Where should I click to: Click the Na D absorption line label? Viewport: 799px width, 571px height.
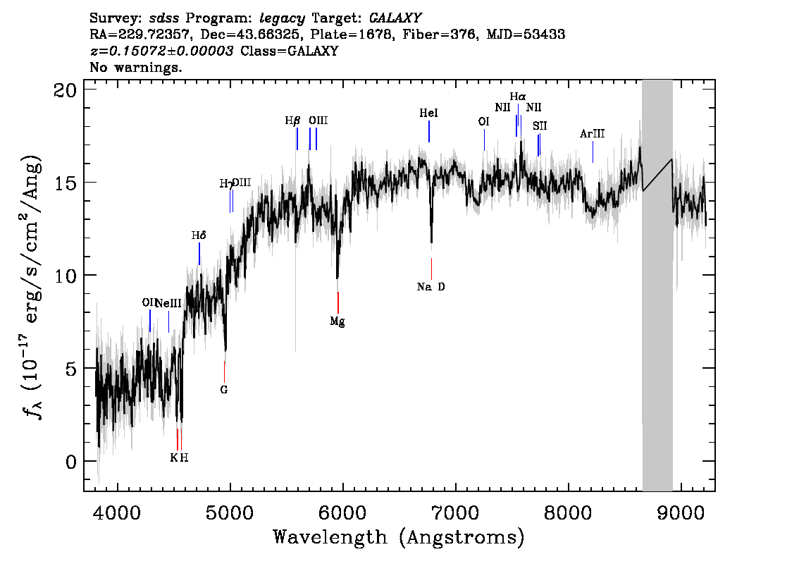(x=431, y=287)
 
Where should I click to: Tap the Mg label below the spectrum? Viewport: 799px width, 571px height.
(x=337, y=321)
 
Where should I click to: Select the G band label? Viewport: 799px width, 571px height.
(x=224, y=389)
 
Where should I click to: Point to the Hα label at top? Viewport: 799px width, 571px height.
(x=518, y=97)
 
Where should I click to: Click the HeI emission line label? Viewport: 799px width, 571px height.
(x=428, y=113)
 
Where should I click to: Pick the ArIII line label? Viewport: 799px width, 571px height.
(x=592, y=134)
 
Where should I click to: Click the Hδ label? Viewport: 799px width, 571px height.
(x=199, y=235)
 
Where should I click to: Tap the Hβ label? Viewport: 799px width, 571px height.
(x=292, y=121)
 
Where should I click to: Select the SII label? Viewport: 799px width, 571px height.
(x=540, y=126)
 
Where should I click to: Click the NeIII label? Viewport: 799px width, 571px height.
(x=168, y=303)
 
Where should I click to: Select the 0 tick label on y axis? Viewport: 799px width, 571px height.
(x=70, y=461)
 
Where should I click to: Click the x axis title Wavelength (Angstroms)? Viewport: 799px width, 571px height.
(x=399, y=538)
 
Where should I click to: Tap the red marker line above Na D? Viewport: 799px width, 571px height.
(x=431, y=268)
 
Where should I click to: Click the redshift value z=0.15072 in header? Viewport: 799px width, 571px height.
(x=162, y=51)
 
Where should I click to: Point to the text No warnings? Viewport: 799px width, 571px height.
(x=137, y=68)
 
